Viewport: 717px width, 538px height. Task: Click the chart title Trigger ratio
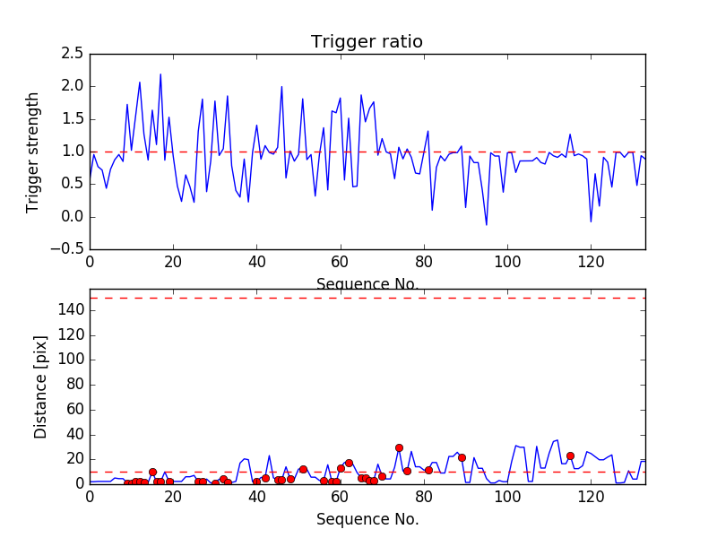[x=367, y=42]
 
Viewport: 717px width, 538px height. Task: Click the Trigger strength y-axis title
[x=33, y=152]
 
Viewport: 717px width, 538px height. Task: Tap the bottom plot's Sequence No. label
[x=367, y=519]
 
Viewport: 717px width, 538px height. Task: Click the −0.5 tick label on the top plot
[x=66, y=249]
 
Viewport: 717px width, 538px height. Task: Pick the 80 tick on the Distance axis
[x=73, y=385]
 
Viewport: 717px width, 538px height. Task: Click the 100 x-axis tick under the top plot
[x=507, y=262]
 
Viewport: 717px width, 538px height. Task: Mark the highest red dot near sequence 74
[x=399, y=447]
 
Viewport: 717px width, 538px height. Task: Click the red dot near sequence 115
[x=570, y=456]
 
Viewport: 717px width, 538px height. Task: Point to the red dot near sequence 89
[x=462, y=457]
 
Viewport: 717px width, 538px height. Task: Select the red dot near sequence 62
[x=349, y=463]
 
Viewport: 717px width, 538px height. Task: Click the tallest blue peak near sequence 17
[x=160, y=74]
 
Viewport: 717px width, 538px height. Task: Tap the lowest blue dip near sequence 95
[x=487, y=225]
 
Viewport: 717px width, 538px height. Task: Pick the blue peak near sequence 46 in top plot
[x=281, y=87]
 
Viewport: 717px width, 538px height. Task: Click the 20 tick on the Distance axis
[x=73, y=459]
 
